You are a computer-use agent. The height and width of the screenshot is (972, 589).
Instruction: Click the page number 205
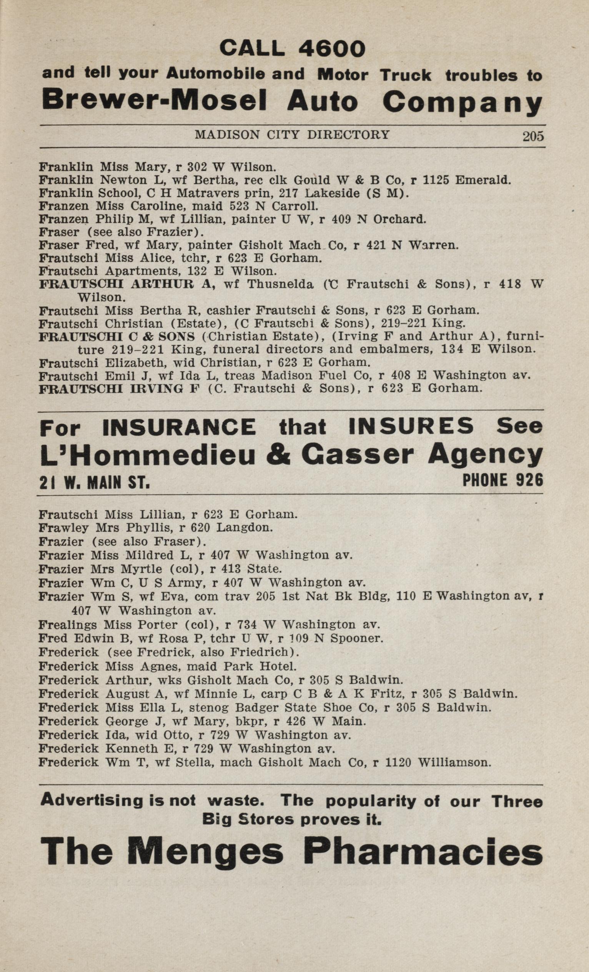[533, 136]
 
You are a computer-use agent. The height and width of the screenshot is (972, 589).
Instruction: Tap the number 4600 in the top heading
[332, 49]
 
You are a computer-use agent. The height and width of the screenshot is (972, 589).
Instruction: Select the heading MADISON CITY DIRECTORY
[292, 135]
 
